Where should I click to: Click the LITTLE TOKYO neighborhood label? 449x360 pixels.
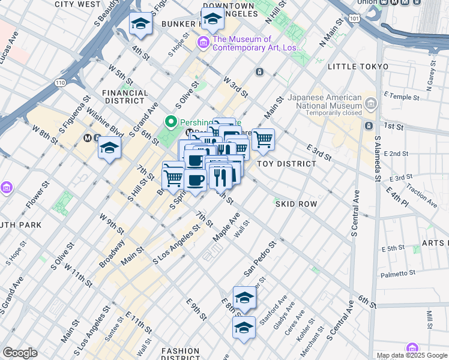pyautogui.click(x=358, y=67)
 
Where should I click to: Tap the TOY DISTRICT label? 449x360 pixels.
pyautogui.click(x=286, y=163)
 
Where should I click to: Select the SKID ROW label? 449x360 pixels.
pyautogui.click(x=296, y=204)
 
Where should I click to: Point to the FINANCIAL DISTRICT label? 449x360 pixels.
pyautogui.click(x=125, y=97)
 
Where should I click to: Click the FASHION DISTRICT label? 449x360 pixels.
pyautogui.click(x=180, y=354)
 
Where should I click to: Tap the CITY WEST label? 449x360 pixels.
pyautogui.click(x=77, y=4)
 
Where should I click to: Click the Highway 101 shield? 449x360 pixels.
pyautogui.click(x=355, y=20)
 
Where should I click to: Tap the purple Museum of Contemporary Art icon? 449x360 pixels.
pyautogui.click(x=203, y=43)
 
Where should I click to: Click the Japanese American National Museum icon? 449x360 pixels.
pyautogui.click(x=370, y=106)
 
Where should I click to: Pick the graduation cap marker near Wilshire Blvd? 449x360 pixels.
pyautogui.click(x=110, y=147)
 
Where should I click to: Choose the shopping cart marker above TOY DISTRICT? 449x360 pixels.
pyautogui.click(x=263, y=140)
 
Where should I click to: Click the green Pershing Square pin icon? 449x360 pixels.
pyautogui.click(x=171, y=122)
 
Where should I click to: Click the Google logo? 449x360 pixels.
pyautogui.click(x=20, y=353)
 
